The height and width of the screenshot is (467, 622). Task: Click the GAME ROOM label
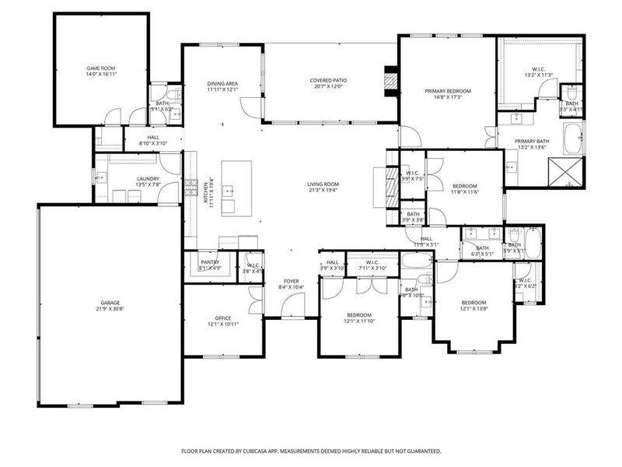pos(101,68)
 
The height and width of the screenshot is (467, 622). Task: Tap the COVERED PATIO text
pos(329,80)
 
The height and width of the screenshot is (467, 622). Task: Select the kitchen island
pos(236,188)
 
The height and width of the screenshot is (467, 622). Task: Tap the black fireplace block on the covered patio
pos(392,80)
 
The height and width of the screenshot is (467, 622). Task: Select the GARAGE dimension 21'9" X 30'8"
pos(110,309)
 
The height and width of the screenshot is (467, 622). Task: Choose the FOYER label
pos(292,281)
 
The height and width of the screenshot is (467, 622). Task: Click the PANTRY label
pos(209,262)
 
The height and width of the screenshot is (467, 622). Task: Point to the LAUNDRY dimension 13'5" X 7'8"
pos(148,184)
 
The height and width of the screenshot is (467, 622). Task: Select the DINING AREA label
pos(222,83)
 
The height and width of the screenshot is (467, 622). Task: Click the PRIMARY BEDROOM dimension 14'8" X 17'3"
pos(448,97)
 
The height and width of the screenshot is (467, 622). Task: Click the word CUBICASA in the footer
pos(273,451)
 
